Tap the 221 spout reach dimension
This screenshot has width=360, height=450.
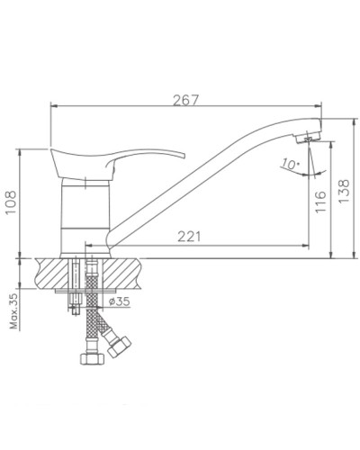188,237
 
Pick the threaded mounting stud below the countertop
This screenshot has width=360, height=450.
75,288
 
